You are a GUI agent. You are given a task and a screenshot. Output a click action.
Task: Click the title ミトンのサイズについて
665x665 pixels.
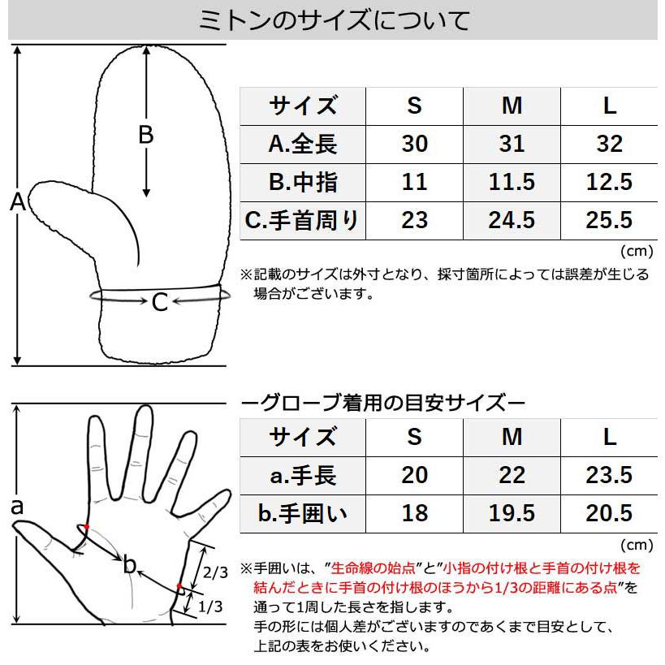(x=333, y=20)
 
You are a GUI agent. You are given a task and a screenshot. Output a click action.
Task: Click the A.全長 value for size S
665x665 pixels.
(x=414, y=144)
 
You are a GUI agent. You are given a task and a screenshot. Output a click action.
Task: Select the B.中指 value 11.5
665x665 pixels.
(x=512, y=181)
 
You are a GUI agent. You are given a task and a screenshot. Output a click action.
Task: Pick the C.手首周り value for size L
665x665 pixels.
(x=609, y=219)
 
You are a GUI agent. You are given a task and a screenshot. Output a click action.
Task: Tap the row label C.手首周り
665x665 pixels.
(x=302, y=219)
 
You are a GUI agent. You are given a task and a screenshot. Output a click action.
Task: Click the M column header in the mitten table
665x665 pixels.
(x=512, y=106)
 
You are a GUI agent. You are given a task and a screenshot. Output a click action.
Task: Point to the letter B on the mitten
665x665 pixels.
(x=145, y=135)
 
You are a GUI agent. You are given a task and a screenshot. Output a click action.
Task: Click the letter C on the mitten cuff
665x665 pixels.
(x=160, y=302)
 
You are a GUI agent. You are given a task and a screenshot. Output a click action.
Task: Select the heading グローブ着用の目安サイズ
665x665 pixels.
(x=384, y=402)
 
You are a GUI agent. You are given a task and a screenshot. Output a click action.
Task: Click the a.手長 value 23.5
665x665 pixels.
(x=609, y=474)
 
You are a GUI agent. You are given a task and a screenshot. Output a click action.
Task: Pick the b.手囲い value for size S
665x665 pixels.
(x=414, y=512)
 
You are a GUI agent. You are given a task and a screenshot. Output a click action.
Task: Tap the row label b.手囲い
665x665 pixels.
(x=302, y=512)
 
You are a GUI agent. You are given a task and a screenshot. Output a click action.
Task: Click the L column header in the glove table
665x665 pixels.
(x=609, y=436)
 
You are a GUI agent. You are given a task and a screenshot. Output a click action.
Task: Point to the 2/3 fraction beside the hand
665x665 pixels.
(x=215, y=572)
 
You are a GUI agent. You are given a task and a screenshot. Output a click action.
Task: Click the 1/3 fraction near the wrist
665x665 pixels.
(x=210, y=606)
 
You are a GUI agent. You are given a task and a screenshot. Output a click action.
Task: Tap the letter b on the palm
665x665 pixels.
(x=129, y=566)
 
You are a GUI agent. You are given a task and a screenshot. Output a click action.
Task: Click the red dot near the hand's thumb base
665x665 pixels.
(x=86, y=527)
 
